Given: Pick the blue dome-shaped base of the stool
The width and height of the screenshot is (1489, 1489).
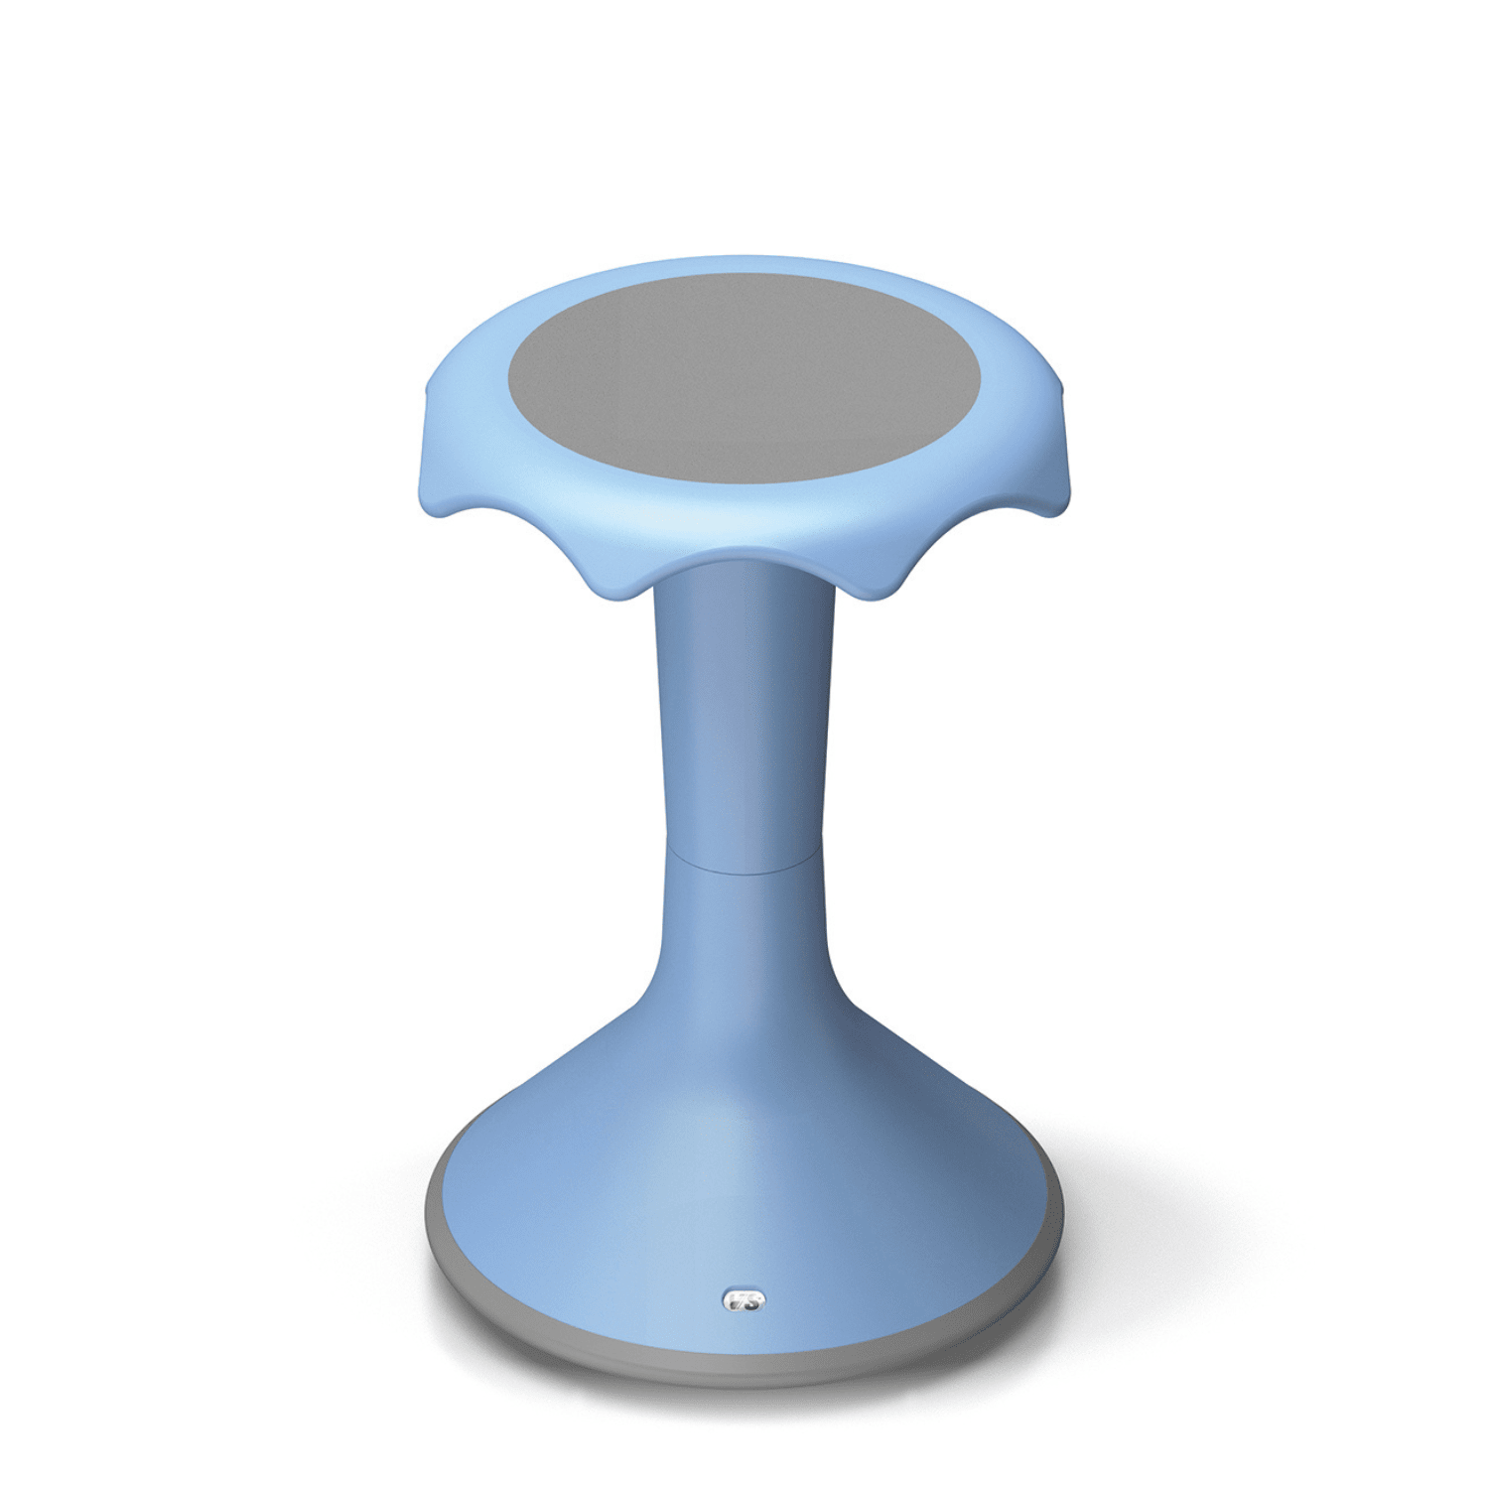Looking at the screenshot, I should tap(744, 1171).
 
